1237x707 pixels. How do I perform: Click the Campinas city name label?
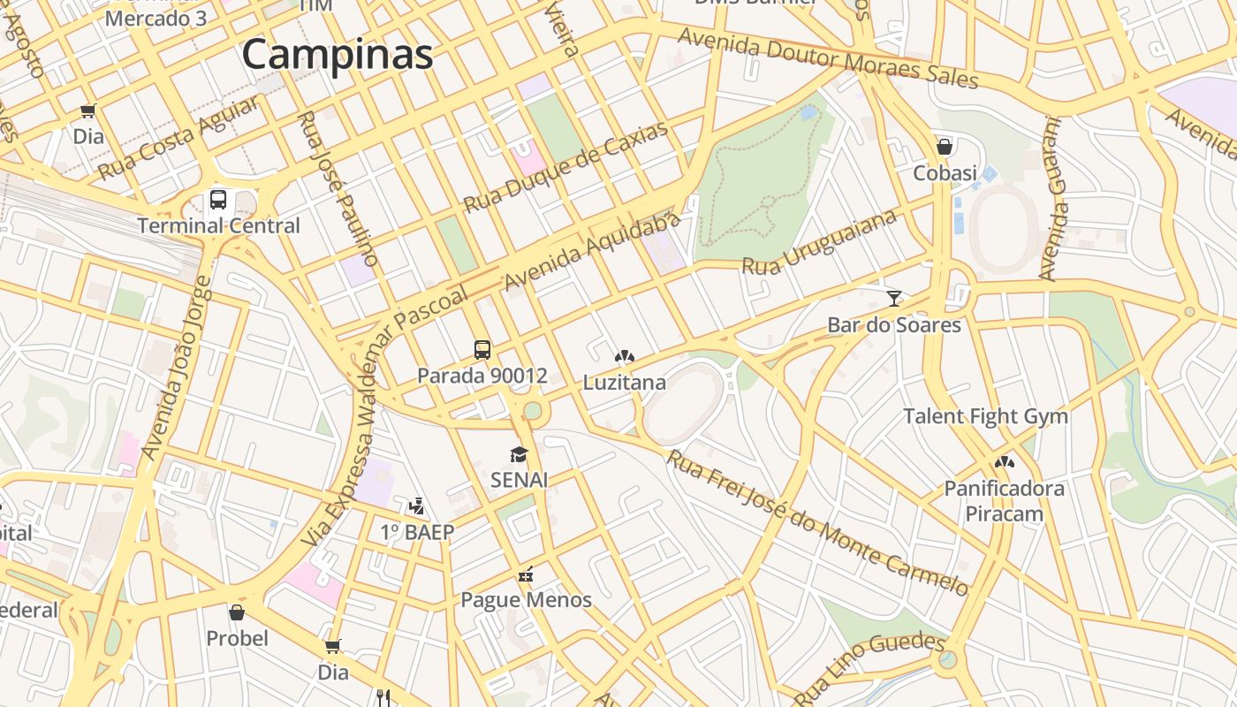338,55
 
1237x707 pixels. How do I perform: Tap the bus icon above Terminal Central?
218,200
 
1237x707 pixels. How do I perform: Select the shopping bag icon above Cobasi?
945,147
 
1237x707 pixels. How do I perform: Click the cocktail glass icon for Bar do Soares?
894,299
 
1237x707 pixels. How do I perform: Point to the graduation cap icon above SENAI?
519,454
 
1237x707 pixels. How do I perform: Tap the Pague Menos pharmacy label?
527,600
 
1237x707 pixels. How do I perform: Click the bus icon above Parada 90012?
482,350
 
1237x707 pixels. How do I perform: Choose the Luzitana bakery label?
624,384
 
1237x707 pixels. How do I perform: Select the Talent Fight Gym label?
985,416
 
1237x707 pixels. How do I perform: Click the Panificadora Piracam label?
1005,501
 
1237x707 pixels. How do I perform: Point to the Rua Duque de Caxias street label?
565,167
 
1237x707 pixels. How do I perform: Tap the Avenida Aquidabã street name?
594,251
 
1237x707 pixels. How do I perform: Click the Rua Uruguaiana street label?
819,242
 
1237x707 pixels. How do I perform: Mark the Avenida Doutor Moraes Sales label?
829,57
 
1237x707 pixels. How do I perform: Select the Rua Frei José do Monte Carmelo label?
816,522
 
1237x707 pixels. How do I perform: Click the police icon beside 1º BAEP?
416,506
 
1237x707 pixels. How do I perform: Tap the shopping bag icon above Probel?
237,612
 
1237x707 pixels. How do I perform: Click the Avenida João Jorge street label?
177,369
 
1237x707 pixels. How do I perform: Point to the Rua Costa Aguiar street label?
179,137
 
